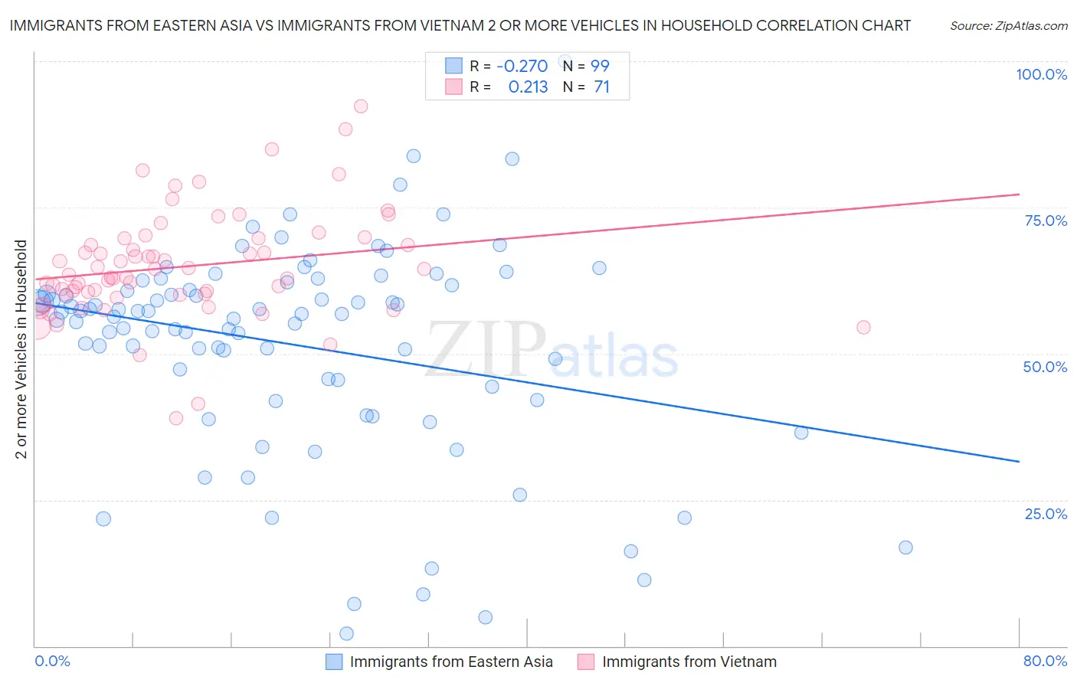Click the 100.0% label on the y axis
pos(1041,74)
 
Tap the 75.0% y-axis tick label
pos(1046,221)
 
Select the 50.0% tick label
pos(1045,367)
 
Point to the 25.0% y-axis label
pos(1046,513)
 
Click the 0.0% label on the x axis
pos(52,661)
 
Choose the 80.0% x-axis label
pos(1045,661)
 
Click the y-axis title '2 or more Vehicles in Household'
pos(21,349)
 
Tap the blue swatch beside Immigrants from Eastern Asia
pos(334,662)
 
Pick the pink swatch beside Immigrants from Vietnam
pos(586,662)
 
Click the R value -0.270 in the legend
pos(522,66)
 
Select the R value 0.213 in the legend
pos(528,87)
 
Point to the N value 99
pos(600,66)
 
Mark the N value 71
pos(601,87)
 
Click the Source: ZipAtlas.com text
pos(1008,26)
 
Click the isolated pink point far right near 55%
pos(863,327)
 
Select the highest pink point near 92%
pos(361,106)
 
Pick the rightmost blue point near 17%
pos(905,547)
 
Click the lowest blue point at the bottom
pos(346,633)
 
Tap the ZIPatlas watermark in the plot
pos(552,351)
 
